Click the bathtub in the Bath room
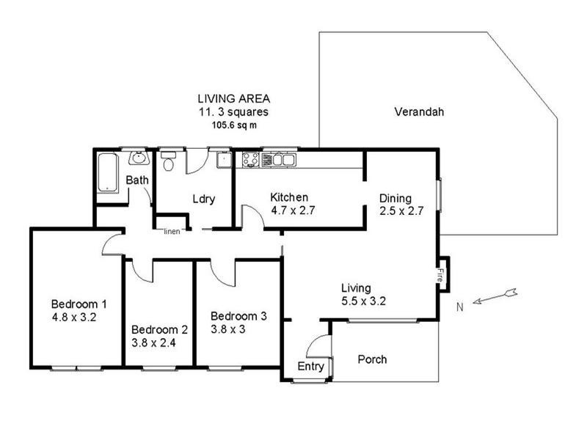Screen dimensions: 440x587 [107, 172]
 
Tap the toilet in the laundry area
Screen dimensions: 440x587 [169, 162]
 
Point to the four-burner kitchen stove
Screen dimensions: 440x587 [250, 159]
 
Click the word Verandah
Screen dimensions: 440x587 [419, 112]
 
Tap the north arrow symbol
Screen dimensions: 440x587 [496, 296]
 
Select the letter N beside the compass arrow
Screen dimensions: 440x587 [459, 307]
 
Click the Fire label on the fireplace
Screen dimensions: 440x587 [440, 275]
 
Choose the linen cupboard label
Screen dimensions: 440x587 [172, 232]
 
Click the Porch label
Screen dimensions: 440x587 [372, 359]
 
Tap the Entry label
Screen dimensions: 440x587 [310, 366]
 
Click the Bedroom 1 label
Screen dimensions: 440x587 [79, 304]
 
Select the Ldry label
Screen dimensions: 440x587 [203, 199]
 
